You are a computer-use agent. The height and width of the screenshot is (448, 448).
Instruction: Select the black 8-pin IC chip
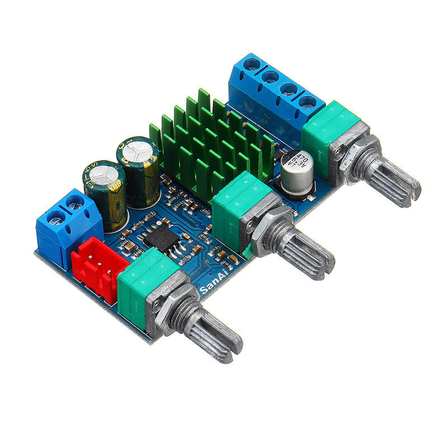162,238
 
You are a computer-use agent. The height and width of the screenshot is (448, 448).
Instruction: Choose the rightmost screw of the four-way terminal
307,101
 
